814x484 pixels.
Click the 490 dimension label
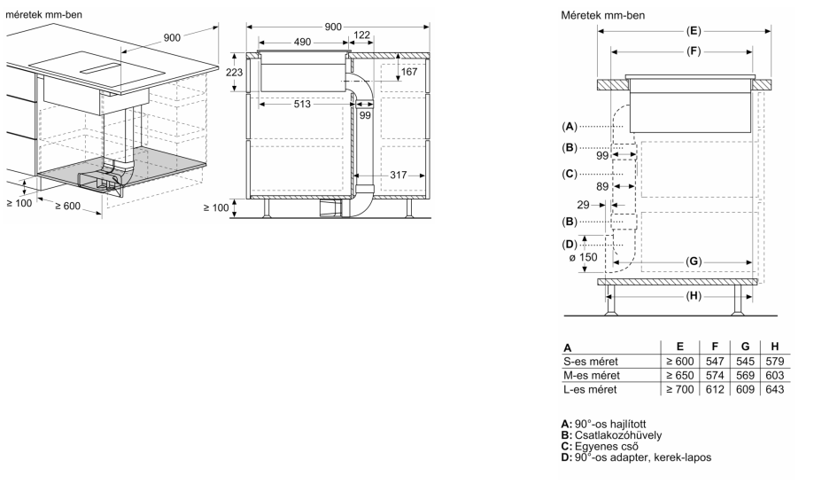tap(302, 42)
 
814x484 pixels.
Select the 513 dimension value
tap(302, 104)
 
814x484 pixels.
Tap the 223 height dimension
tap(234, 72)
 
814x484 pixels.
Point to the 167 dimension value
tap(409, 72)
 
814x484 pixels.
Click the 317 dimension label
tap(399, 175)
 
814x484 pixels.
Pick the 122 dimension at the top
tap(361, 35)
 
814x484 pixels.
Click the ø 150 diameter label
tap(583, 258)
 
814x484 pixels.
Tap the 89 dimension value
tap(602, 186)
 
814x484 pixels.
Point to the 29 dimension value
tap(583, 205)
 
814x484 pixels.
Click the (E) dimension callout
tap(694, 31)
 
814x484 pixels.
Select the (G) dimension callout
tap(694, 262)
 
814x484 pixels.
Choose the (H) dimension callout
tap(694, 296)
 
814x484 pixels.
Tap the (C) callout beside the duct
tap(570, 174)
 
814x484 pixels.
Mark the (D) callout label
tap(570, 244)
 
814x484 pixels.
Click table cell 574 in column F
tap(715, 376)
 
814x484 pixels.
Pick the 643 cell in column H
tap(774, 389)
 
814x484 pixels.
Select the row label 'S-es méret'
tap(590, 362)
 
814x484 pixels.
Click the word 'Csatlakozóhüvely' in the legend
tap(618, 435)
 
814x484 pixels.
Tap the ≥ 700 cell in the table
tap(680, 389)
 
